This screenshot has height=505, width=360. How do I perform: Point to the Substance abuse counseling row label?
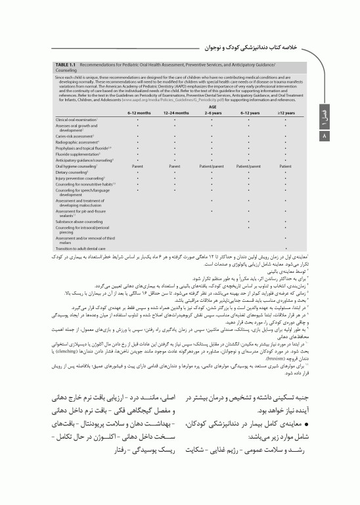tap(80, 222)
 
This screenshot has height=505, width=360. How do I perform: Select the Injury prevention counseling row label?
tap(80, 178)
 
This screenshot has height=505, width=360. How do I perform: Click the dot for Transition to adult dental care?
tap(285, 249)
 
